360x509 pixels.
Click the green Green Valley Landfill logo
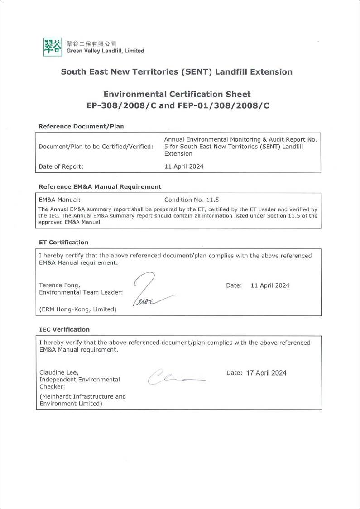(53, 47)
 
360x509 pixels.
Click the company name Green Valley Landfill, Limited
(105, 51)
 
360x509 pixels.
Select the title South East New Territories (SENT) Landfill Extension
(177, 72)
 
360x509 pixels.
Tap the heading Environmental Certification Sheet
(177, 94)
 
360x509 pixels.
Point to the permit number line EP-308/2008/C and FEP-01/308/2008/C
(178, 105)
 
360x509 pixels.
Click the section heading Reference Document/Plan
(81, 127)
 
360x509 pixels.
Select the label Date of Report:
(61, 166)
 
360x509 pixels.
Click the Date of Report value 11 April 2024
(184, 166)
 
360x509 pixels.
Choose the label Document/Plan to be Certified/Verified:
(96, 147)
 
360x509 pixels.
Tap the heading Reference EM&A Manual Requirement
(100, 186)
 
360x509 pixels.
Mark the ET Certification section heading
(63, 242)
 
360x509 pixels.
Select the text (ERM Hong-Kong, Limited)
(77, 309)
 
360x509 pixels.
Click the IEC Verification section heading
(64, 329)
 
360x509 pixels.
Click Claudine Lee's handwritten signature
(174, 376)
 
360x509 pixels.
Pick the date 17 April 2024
(266, 373)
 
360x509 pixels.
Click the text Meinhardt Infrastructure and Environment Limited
(82, 400)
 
